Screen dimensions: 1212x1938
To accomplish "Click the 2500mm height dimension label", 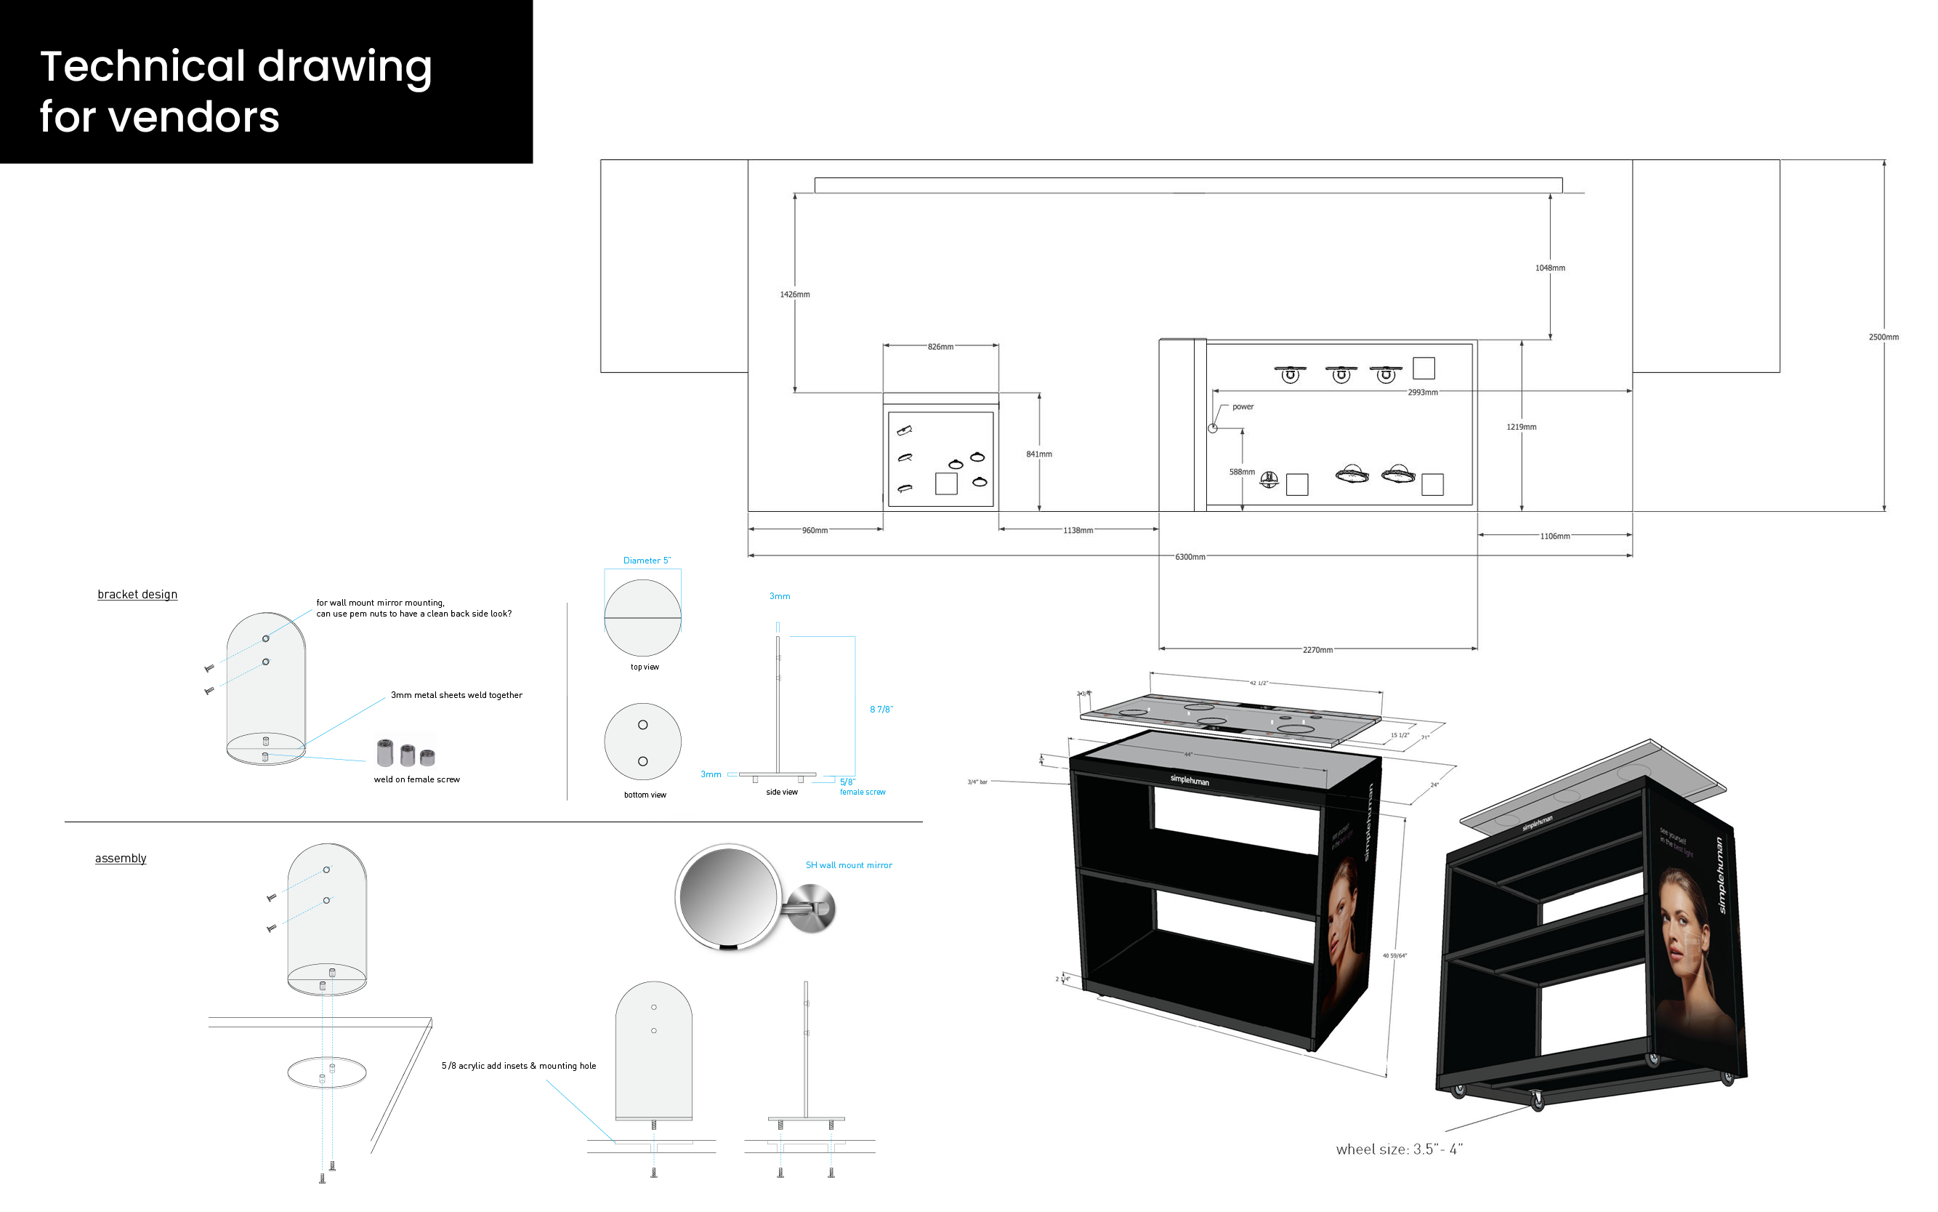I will tap(1883, 337).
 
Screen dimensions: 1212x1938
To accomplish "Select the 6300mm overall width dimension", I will tap(1190, 557).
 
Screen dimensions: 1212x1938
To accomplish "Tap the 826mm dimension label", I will tap(940, 347).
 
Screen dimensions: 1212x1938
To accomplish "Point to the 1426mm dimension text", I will tap(795, 295).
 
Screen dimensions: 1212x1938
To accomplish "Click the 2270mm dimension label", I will tap(1317, 650).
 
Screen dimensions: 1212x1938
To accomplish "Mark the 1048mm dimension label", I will tap(1549, 268).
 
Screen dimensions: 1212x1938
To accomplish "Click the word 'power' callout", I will tap(1243, 407).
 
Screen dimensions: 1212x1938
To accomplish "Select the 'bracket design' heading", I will tap(137, 595).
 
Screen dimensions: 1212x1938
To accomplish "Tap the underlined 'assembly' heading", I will tap(121, 859).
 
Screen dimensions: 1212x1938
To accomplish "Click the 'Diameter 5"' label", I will tap(647, 561).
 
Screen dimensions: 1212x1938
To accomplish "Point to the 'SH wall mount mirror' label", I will tap(849, 866).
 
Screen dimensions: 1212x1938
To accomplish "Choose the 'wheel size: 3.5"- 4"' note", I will tap(1399, 1149).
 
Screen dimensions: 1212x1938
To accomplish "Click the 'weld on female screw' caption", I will tap(416, 780).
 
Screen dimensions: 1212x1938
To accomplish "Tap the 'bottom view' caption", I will tap(645, 795).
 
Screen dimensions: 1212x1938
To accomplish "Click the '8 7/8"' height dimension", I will tap(881, 710).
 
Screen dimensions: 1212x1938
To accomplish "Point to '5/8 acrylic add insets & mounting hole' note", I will tap(518, 1066).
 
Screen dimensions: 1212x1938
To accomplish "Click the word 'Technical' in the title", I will tap(142, 67).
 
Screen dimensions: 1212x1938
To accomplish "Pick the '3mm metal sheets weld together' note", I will tap(456, 696).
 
